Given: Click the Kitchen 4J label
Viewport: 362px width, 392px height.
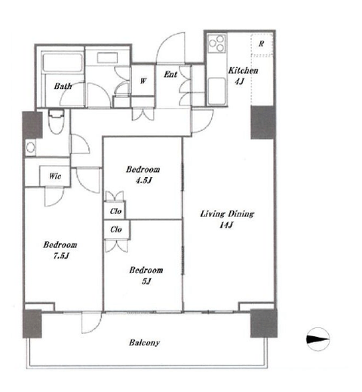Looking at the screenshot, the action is (x=243, y=75).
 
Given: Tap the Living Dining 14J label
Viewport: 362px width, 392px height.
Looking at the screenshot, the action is (x=227, y=219).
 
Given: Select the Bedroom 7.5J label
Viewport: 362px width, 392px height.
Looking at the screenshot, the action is (x=60, y=250).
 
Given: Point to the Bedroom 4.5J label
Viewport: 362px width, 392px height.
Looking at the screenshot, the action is (x=143, y=175).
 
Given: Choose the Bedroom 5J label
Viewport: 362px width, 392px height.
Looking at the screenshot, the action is (x=146, y=275).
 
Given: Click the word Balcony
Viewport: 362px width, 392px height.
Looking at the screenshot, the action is (x=144, y=343).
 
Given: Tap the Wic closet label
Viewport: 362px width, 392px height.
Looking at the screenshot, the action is (x=55, y=176).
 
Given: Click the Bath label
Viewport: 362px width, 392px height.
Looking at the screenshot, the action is (x=63, y=86).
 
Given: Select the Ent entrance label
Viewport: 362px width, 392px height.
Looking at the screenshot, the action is (x=170, y=74).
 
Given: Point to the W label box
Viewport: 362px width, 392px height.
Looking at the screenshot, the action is (x=143, y=81).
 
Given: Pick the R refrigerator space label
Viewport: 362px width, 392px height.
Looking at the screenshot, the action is (x=262, y=44).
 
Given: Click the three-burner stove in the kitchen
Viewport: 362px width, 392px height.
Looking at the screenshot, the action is (x=216, y=44).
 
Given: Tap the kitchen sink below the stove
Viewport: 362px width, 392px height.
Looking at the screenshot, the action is (x=216, y=90).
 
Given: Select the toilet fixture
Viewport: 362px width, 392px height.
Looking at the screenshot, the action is (x=57, y=121).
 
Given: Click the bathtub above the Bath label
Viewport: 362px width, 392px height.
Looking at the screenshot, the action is (x=63, y=63).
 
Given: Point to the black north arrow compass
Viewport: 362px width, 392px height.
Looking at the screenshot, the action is (x=318, y=339).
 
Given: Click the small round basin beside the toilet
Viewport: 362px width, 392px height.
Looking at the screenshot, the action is (x=31, y=148).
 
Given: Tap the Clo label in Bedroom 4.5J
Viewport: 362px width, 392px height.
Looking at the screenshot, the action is (x=115, y=211).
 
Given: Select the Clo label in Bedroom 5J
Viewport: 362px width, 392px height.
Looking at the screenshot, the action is (x=116, y=229).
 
